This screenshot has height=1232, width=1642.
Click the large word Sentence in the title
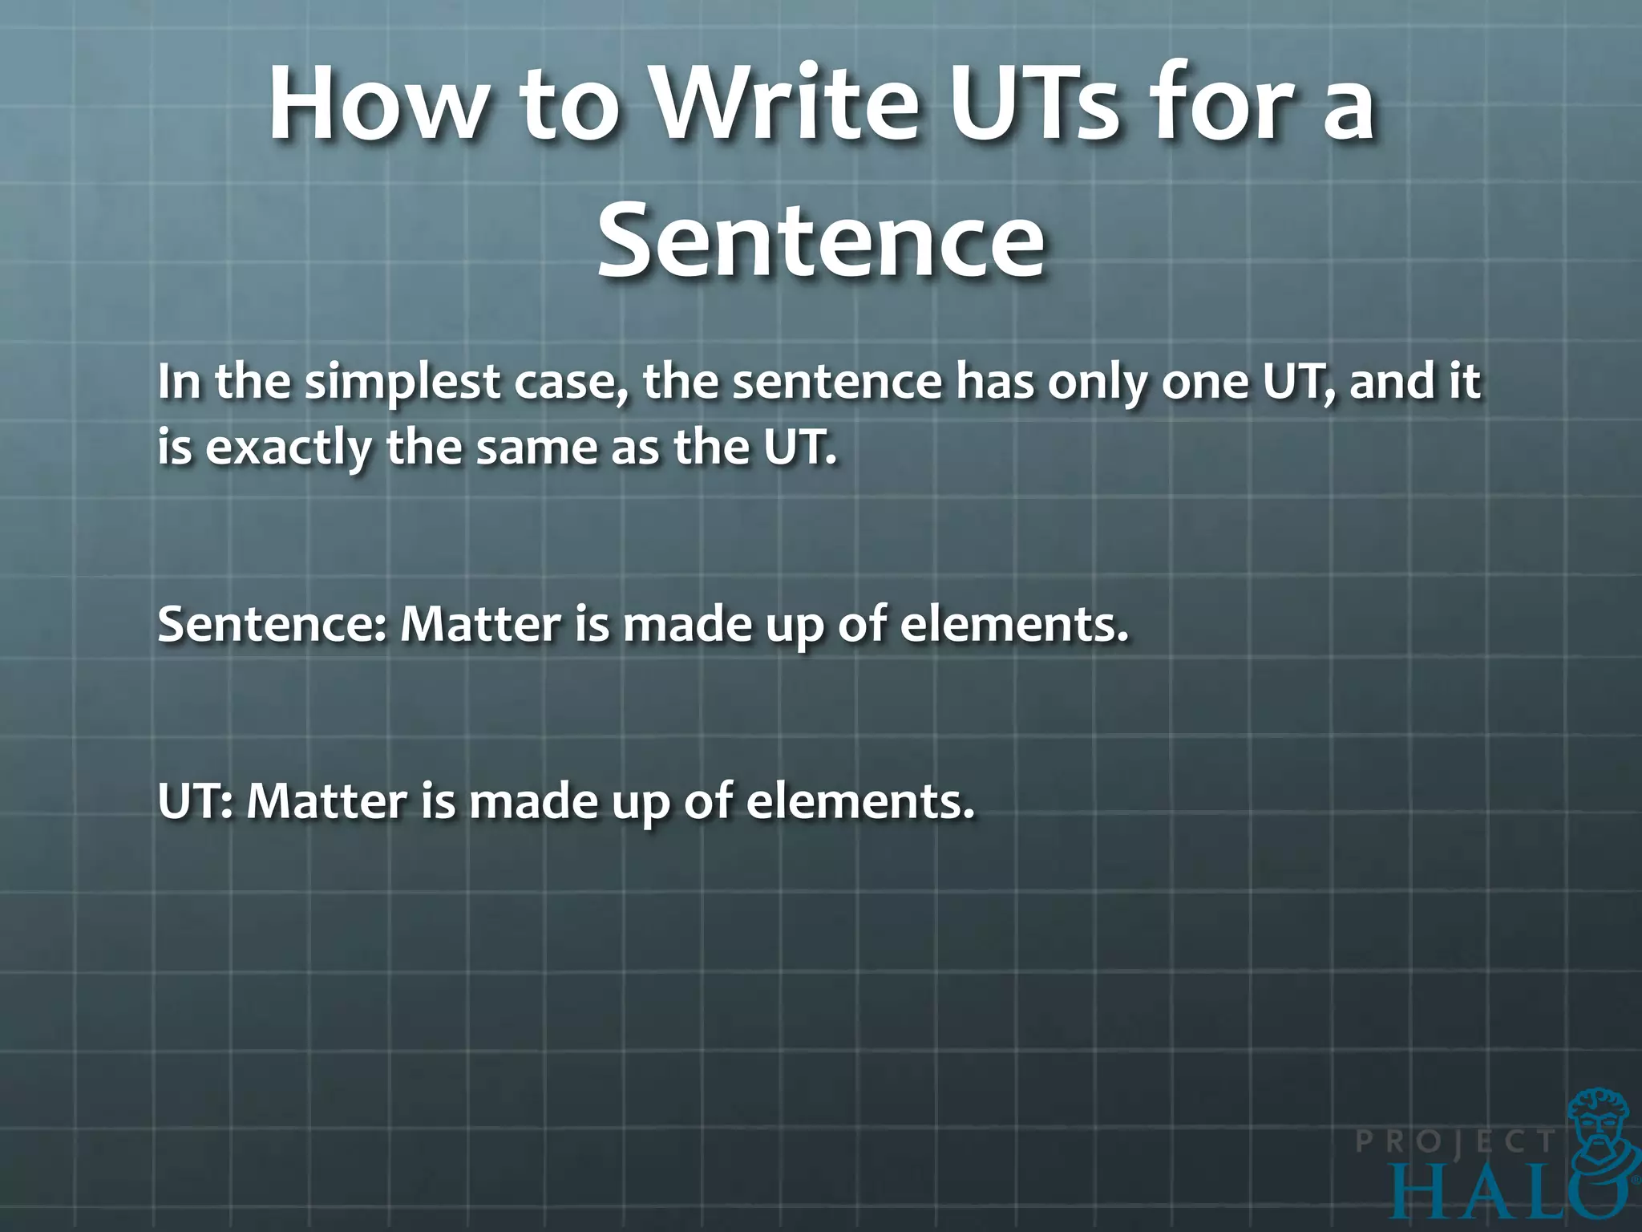(x=820, y=241)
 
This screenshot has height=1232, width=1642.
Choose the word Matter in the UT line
(x=327, y=801)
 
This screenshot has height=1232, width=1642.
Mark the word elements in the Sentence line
(x=1013, y=625)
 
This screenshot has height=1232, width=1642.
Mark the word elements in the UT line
(x=860, y=801)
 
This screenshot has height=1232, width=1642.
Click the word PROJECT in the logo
(x=1455, y=1141)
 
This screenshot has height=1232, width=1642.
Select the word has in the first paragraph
(x=994, y=383)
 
